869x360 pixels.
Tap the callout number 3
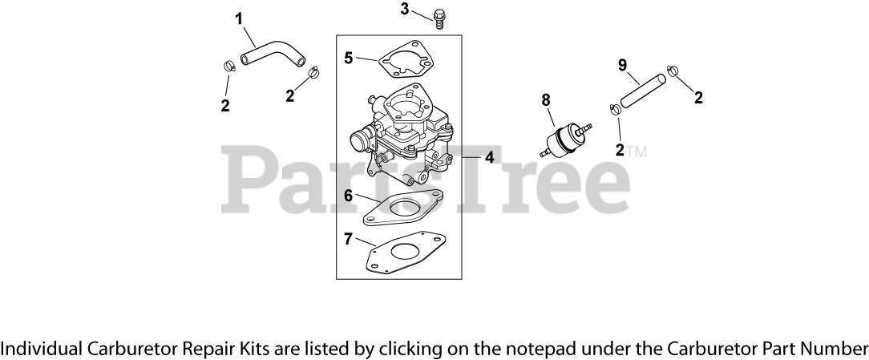405,9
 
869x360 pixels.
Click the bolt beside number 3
439,17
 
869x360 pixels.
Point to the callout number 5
349,57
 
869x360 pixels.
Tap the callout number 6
349,195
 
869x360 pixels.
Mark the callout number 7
349,238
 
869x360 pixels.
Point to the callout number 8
546,99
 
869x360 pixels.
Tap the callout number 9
622,65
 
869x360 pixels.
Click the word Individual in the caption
41,349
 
